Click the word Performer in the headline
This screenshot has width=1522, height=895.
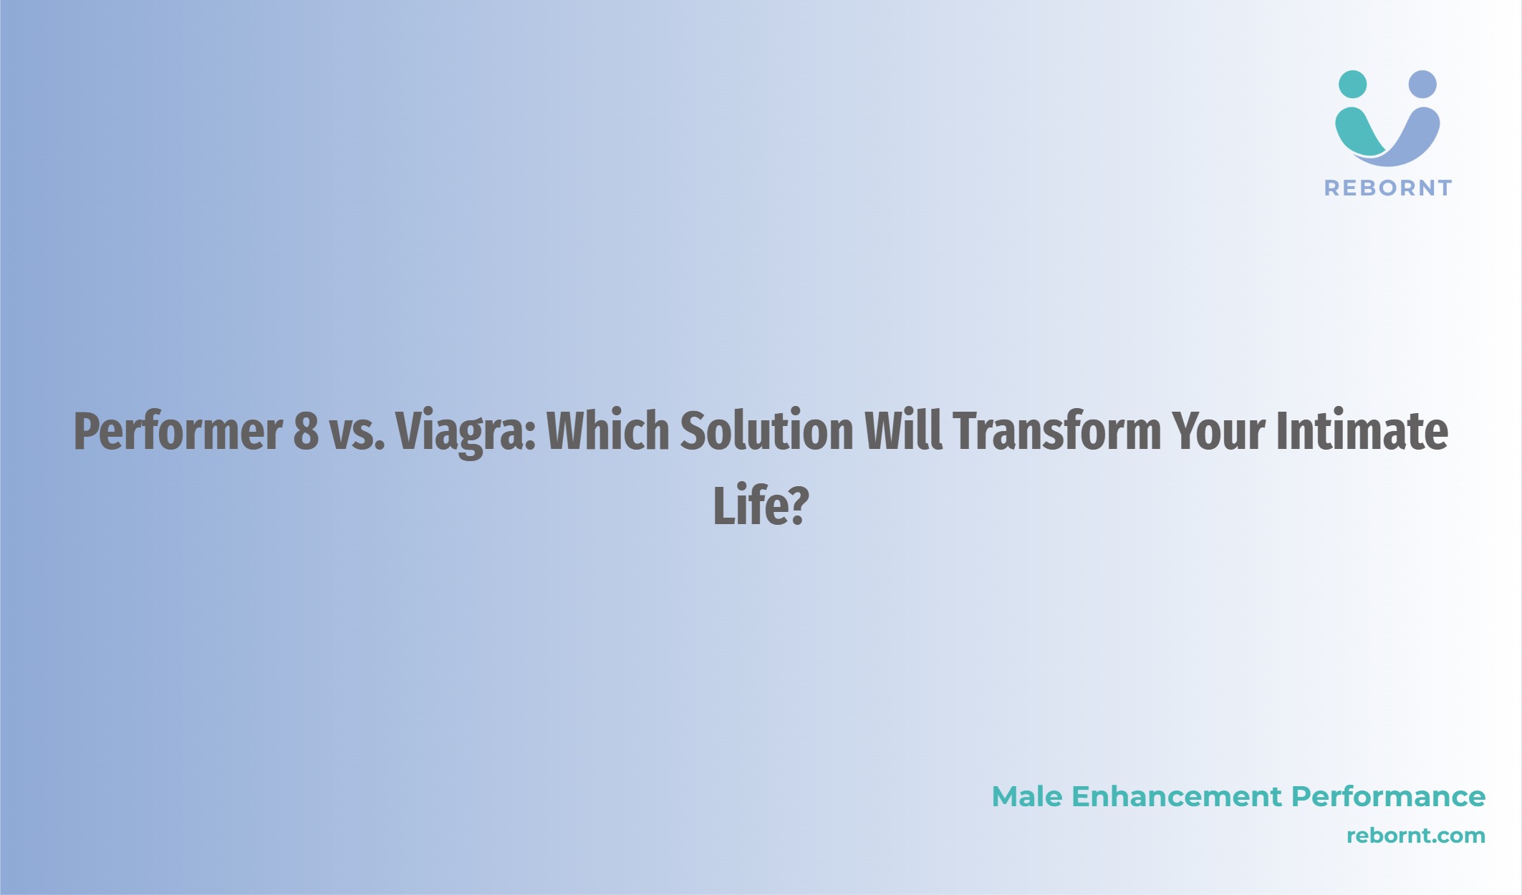178,431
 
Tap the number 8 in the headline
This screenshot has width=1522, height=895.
306,431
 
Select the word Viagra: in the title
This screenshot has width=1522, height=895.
466,432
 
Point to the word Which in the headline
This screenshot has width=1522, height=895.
608,430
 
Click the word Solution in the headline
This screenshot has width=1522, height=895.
766,430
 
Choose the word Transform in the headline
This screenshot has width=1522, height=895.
1056,430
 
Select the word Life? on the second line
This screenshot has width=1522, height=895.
761,505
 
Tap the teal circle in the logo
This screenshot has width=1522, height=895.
1352,84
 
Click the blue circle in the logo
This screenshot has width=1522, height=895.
1422,84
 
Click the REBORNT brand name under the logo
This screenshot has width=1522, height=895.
1388,188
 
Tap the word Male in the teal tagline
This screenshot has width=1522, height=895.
1027,796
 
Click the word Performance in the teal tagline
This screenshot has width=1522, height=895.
1389,796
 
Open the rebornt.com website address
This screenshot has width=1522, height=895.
1416,836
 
